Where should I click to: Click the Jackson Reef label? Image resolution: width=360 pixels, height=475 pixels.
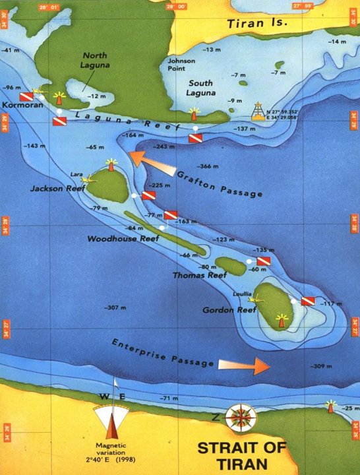(x=58, y=189)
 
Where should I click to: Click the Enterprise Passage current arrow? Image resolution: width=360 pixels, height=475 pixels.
(x=244, y=364)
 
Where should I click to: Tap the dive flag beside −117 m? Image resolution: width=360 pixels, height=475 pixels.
(x=307, y=301)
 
